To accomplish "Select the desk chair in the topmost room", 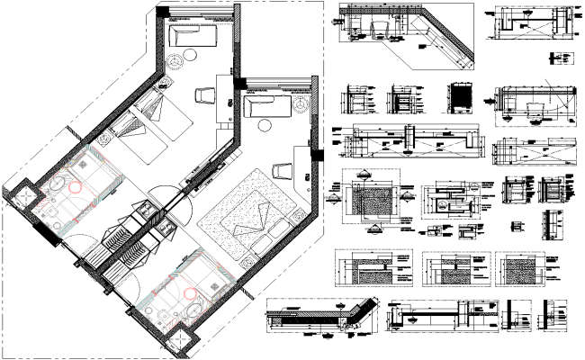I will pos(202,95).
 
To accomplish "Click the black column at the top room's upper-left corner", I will pos(163,12).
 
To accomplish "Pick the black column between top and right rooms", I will pos(240,83).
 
